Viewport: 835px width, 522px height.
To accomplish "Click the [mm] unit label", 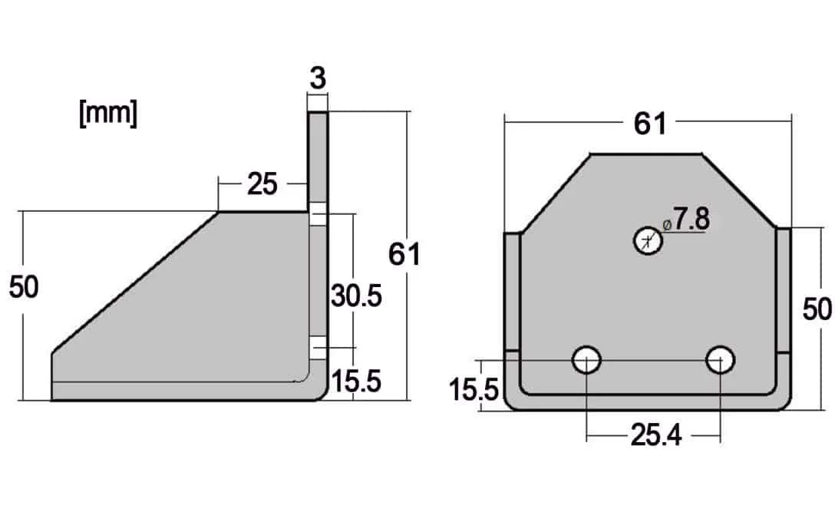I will coord(108,114).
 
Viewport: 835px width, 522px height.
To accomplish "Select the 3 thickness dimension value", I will coord(318,78).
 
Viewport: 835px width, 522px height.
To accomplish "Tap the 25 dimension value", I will coord(262,184).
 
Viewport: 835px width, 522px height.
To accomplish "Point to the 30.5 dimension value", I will coord(356,295).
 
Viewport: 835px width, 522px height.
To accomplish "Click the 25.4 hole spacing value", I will coord(655,435).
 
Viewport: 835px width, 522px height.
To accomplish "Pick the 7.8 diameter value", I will coord(691,220).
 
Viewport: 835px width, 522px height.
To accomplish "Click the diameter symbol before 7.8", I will coord(666,224).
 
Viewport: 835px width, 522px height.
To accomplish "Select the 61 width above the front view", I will coord(650,123).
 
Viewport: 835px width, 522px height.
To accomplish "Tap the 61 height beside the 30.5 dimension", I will coord(404,253).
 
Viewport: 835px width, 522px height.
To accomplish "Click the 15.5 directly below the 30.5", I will coord(356,381).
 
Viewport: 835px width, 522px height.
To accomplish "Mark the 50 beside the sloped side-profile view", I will coord(24,287).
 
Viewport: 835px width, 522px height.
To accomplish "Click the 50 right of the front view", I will coord(817,309).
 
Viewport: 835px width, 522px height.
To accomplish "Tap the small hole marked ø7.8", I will coord(648,241).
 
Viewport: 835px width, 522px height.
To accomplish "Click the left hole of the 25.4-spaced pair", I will coord(586,359).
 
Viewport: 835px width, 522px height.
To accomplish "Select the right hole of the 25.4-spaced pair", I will coord(721,359).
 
